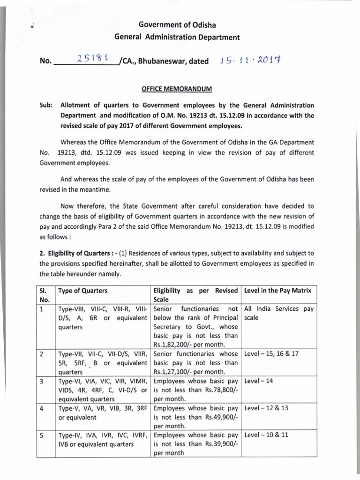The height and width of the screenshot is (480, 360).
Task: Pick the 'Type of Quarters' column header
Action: point(82,291)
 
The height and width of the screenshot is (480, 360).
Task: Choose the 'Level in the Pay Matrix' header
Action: point(278,291)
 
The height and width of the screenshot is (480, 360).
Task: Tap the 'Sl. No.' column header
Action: point(45,295)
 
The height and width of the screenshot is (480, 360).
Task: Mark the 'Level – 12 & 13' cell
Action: point(266,408)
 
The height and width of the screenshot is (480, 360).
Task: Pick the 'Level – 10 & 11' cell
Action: point(266,435)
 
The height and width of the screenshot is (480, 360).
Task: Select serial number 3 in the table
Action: point(42,381)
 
